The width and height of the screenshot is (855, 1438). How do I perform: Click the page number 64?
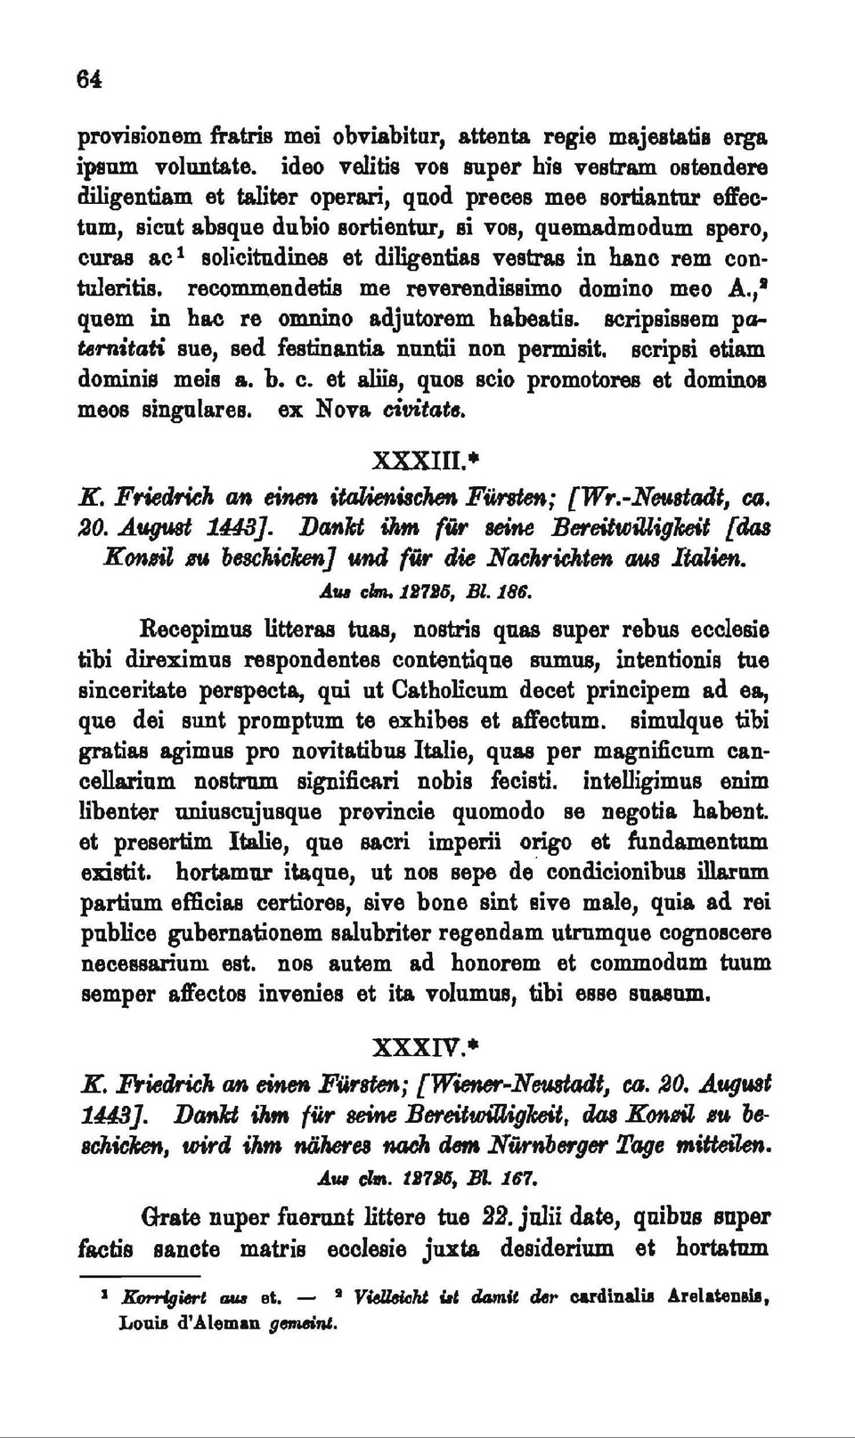pyautogui.click(x=87, y=78)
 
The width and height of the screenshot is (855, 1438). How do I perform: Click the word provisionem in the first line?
pyautogui.click(x=138, y=138)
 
